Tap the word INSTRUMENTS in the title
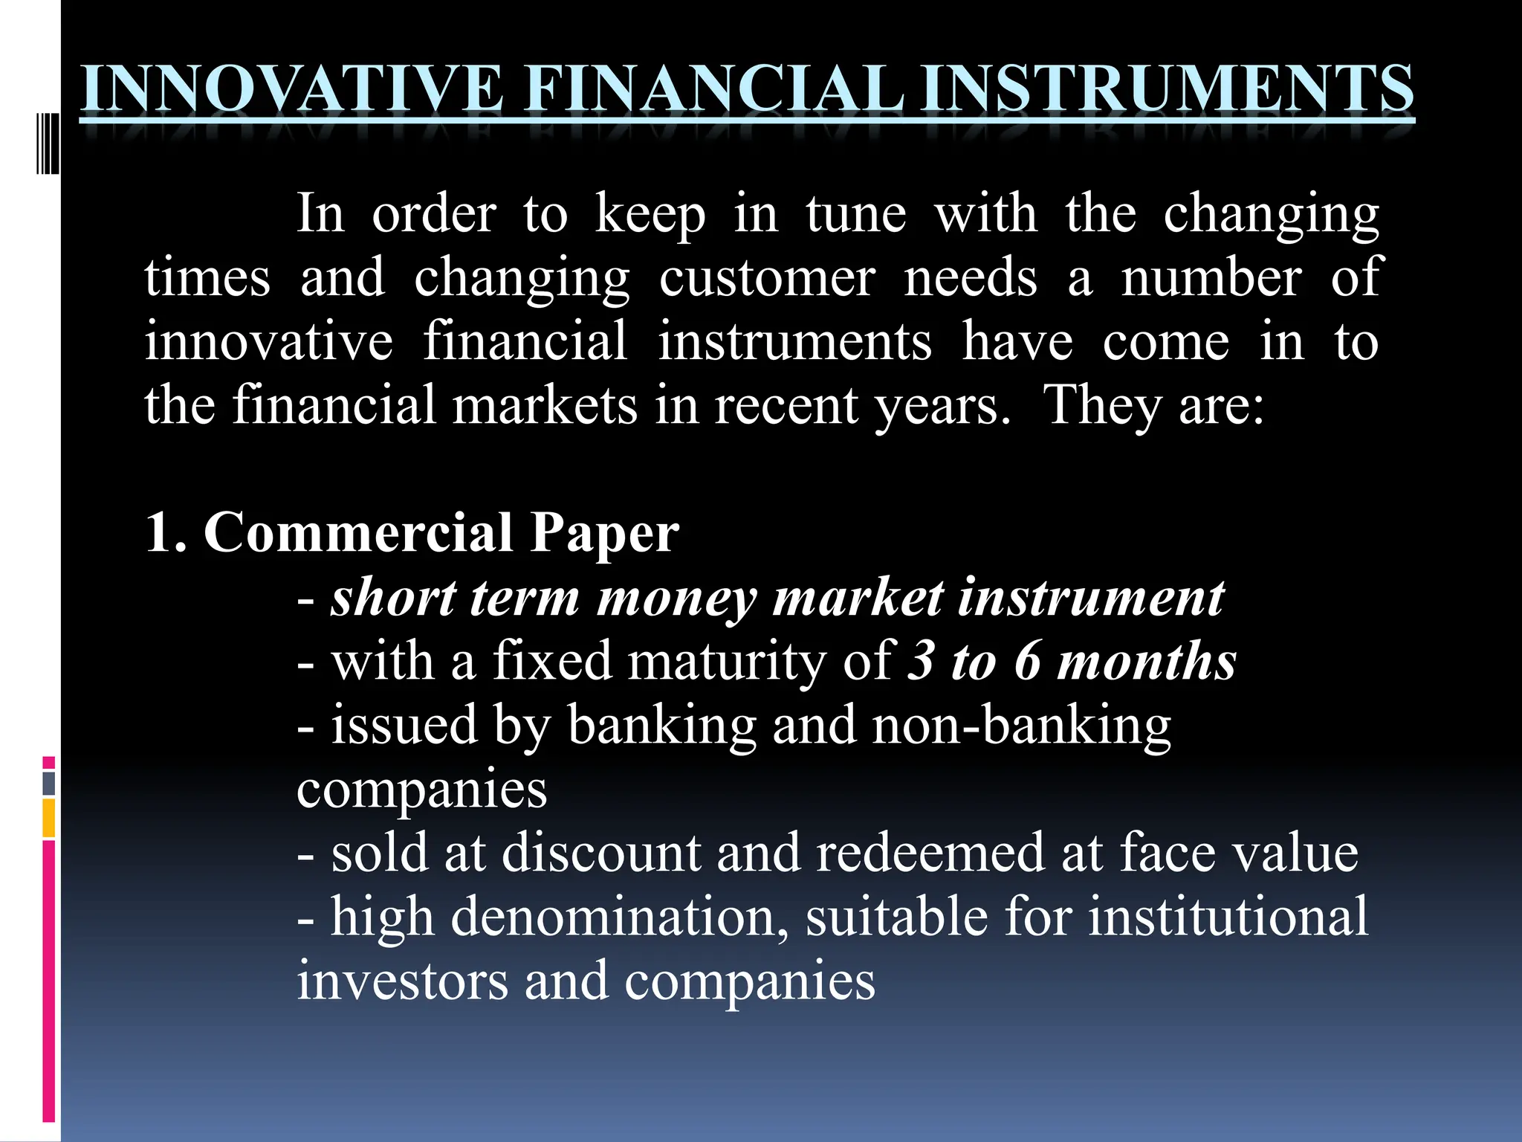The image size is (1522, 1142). pos(1166,90)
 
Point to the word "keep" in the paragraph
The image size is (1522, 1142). pos(650,215)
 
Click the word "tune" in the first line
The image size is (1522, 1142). pos(856,215)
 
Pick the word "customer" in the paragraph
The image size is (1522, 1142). pos(767,279)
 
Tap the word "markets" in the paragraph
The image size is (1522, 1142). pos(545,406)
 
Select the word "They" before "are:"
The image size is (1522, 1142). pos(1102,406)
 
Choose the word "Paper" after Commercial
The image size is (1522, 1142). pos(604,533)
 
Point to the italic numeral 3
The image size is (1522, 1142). pos(922,661)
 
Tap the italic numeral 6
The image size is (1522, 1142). pos(1028,661)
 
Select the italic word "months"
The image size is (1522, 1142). pos(1147,661)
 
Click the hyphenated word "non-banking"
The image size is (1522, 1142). pos(1022,726)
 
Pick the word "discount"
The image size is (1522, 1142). pos(601,853)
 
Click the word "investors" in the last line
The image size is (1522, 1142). pos(403,981)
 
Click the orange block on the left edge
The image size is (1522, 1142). pos(49,817)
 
